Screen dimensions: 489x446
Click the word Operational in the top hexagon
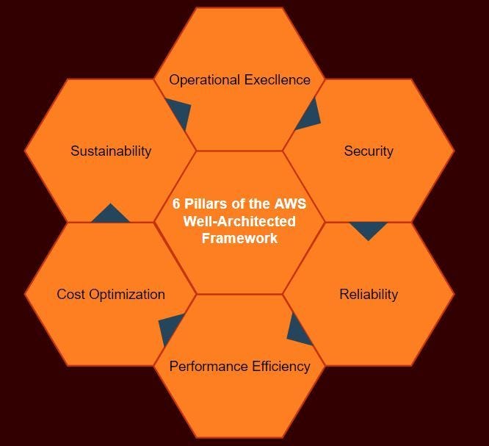click(x=203, y=80)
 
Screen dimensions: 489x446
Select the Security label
click(x=369, y=151)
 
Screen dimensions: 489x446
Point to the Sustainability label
click(x=111, y=151)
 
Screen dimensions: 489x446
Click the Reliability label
click(x=369, y=295)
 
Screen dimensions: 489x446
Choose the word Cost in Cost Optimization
click(x=70, y=295)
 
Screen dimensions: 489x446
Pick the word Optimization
click(x=126, y=295)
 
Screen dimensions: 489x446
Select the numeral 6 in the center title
click(x=176, y=204)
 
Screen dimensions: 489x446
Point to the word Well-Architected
click(x=239, y=221)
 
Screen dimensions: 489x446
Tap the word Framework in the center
click(x=239, y=238)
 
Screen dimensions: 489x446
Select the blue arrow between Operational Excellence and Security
click(x=310, y=116)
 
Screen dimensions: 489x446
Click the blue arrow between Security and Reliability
click(x=368, y=229)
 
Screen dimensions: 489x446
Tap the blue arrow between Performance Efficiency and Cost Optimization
click(x=171, y=328)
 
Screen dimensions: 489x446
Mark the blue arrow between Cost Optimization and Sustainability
click(x=110, y=215)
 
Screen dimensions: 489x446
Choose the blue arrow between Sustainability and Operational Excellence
click(x=180, y=114)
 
